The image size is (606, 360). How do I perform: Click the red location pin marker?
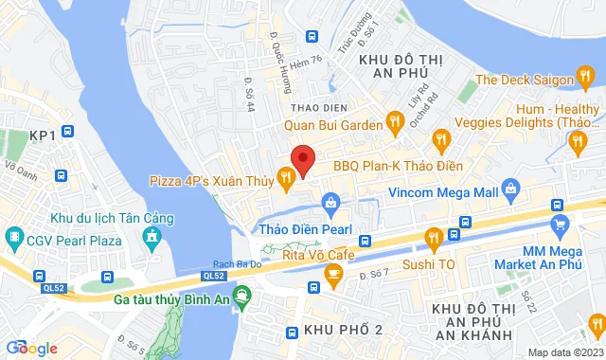302,159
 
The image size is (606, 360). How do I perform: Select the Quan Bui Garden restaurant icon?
396,121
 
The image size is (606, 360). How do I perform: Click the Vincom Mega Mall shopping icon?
511,187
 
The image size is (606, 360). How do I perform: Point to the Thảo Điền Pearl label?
306,229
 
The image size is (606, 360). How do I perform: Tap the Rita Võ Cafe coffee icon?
332,274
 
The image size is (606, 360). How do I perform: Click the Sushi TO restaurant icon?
434,237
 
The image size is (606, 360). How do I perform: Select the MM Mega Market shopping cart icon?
560,225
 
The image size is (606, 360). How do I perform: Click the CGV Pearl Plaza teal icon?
15,235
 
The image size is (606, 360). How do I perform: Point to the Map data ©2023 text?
564,352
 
